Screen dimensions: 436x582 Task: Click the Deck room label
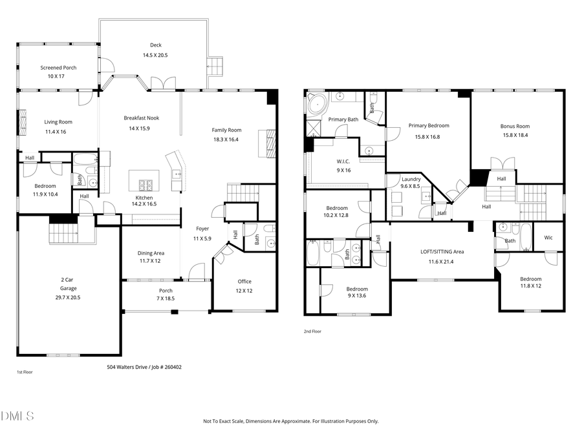(155, 45)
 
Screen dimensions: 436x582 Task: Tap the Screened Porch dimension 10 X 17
(58, 76)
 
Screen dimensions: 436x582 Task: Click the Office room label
(244, 281)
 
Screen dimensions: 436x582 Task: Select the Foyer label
(203, 229)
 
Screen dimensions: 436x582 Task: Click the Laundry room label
(411, 179)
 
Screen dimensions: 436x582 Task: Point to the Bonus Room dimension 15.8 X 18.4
(514, 135)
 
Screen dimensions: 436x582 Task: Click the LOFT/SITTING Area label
(442, 251)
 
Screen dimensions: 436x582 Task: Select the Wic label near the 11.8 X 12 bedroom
(548, 238)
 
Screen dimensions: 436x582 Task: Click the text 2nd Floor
(312, 331)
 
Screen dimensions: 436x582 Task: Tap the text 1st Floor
(25, 373)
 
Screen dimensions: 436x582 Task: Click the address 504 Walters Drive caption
(144, 367)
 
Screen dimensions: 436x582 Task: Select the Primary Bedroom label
(428, 126)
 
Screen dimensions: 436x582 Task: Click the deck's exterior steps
(215, 66)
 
